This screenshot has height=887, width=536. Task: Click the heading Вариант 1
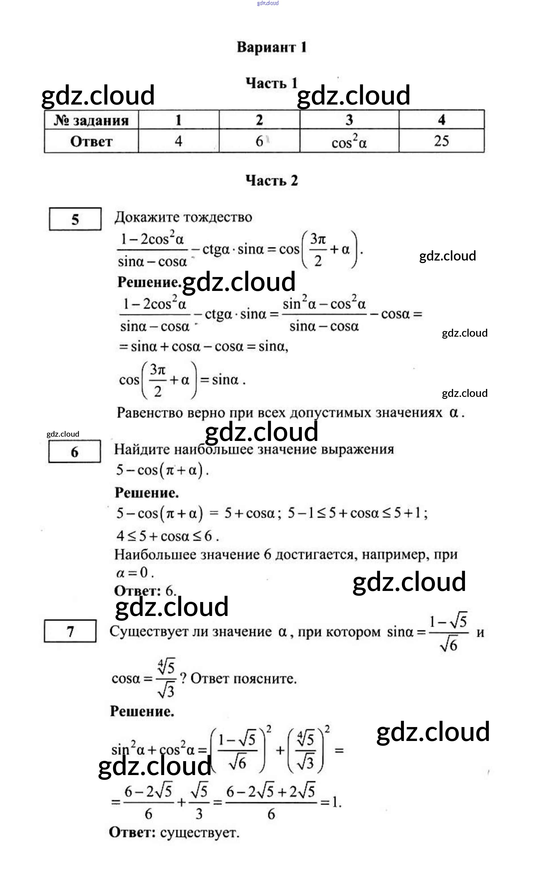click(272, 47)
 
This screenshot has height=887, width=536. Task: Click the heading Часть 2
click(272, 180)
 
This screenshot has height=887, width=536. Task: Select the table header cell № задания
click(91, 120)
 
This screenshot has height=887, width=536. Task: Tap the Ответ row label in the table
click(91, 141)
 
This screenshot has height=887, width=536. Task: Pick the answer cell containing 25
click(441, 141)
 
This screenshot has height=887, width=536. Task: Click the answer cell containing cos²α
click(349, 141)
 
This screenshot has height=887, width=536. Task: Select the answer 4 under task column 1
click(179, 141)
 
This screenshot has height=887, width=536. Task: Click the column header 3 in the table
click(349, 120)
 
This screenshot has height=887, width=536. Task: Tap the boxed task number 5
click(75, 219)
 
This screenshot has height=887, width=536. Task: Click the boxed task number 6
click(74, 452)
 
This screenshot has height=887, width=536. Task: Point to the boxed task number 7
click(70, 631)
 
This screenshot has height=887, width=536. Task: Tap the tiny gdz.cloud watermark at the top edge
click(268, 3)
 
